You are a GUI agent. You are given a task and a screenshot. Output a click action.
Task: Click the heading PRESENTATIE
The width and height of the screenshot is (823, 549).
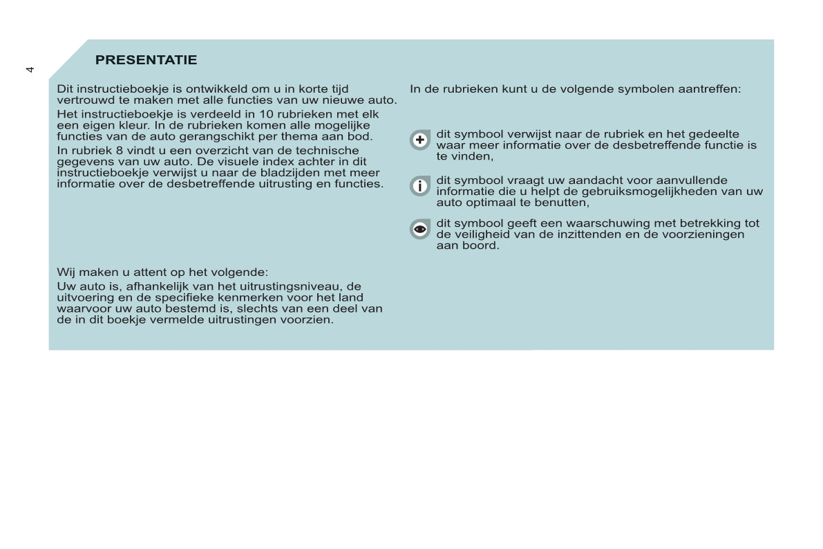[x=146, y=60]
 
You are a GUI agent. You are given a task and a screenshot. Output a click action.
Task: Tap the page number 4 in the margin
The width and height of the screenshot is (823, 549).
[x=30, y=69]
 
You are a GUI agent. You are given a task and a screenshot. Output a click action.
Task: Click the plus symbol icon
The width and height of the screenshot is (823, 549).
[x=420, y=140]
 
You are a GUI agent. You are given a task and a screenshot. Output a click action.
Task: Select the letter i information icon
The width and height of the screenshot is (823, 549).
[x=420, y=186]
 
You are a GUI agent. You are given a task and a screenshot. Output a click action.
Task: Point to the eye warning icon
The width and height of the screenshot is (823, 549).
[x=420, y=229]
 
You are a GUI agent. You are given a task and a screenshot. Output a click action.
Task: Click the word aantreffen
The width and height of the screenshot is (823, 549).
[x=710, y=89]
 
